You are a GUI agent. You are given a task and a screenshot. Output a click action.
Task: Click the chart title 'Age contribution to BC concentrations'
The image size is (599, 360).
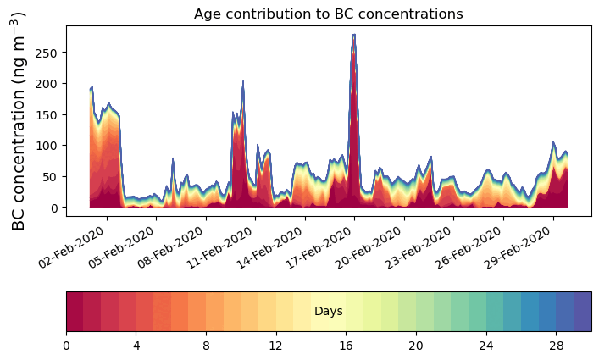click(x=328, y=14)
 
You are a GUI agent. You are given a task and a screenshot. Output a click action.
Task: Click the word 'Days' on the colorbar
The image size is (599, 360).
click(x=328, y=312)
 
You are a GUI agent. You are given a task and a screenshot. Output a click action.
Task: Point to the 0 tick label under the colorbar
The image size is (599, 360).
click(x=66, y=346)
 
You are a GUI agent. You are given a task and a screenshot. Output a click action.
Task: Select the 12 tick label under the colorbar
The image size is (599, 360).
click(x=275, y=346)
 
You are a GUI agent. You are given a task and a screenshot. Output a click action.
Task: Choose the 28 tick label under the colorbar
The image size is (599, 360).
click(x=555, y=346)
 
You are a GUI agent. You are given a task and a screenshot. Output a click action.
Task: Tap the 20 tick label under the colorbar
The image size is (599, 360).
click(x=415, y=346)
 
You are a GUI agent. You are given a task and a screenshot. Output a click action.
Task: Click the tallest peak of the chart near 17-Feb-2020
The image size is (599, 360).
click(x=353, y=36)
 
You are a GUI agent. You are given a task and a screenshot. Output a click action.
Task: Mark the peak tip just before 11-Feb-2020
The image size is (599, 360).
click(x=243, y=82)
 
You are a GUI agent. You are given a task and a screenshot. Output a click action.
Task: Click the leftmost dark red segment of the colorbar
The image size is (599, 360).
click(x=75, y=312)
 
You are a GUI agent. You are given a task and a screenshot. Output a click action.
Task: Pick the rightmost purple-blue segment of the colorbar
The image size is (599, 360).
click(x=582, y=312)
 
